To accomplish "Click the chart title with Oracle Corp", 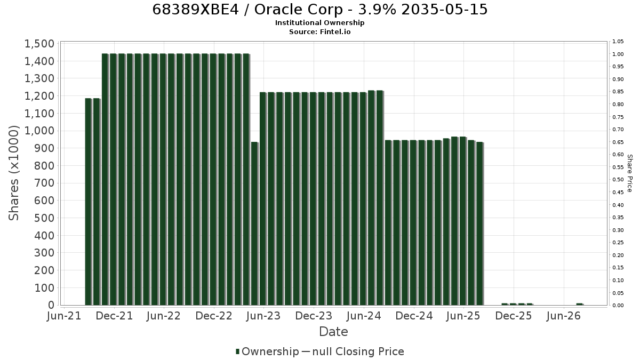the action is tap(319, 10).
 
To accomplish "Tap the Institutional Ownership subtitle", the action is tap(319, 23).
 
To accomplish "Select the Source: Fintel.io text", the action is tap(319, 31).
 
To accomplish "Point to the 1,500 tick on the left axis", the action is tap(39, 44).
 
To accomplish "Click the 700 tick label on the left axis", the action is tap(44, 183).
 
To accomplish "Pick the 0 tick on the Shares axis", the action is tap(51, 305).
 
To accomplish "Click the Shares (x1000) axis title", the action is tap(14, 173).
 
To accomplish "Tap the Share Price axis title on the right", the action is tap(630, 173).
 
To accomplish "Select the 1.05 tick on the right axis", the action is tap(618, 42).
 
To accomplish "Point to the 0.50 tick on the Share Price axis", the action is tap(618, 180).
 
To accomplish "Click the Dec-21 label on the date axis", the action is tap(114, 316).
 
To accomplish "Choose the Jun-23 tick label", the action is tap(263, 316).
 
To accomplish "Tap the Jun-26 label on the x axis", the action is tap(563, 316).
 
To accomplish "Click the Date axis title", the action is tap(333, 332).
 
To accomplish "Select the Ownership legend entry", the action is tap(267, 351).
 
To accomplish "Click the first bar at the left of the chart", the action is tap(89, 202).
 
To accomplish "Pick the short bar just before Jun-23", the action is tap(254, 223).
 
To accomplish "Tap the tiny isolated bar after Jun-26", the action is tap(580, 305).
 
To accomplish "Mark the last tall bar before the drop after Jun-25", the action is tap(479, 223).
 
